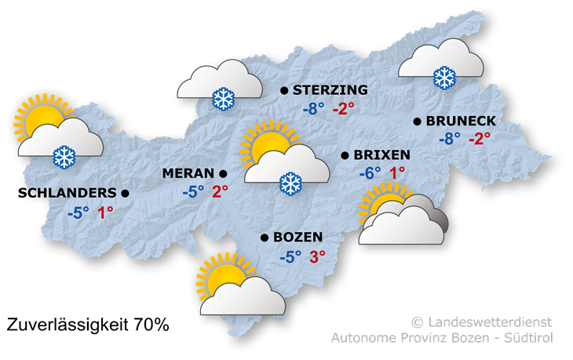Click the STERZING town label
[x=329, y=90]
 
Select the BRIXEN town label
[x=382, y=155]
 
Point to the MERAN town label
[x=188, y=173]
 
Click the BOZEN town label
[x=299, y=237]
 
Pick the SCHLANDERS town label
[x=71, y=192]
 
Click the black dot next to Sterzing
[x=283, y=91]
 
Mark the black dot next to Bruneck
[x=416, y=122]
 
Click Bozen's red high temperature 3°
[x=317, y=256]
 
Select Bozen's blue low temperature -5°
[x=290, y=256]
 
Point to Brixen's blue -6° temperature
[x=369, y=173]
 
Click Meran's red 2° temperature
[x=220, y=191]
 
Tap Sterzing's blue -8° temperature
[x=313, y=109]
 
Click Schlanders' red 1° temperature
[x=105, y=211]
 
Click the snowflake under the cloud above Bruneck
[x=444, y=77]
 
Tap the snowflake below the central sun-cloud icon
[x=290, y=184]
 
